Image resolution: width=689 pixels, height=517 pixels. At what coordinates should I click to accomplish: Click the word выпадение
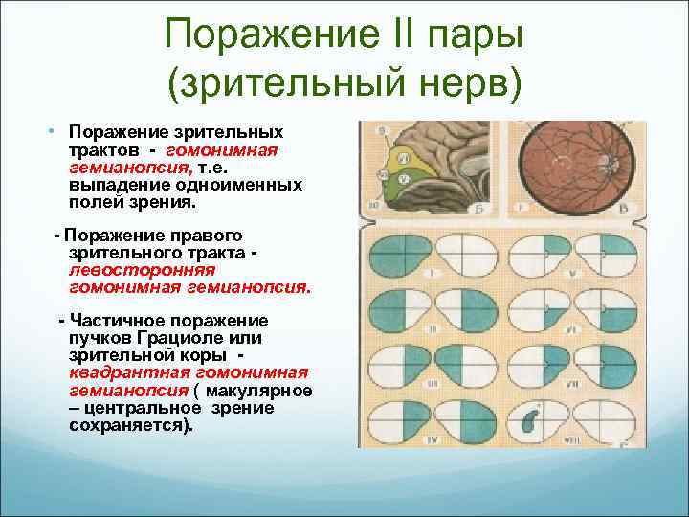[111, 185]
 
